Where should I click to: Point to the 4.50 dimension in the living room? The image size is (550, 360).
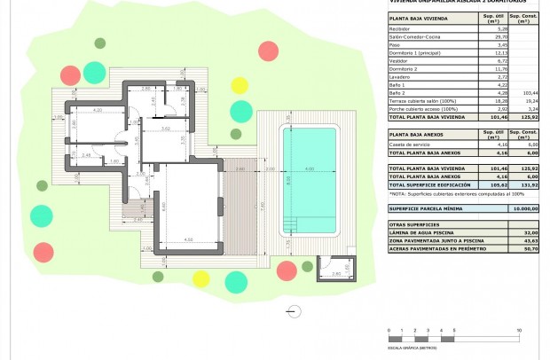tap(188, 239)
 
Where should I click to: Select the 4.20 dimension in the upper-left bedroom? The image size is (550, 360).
tap(98, 109)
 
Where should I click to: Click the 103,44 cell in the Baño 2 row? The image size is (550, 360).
tap(529, 92)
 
